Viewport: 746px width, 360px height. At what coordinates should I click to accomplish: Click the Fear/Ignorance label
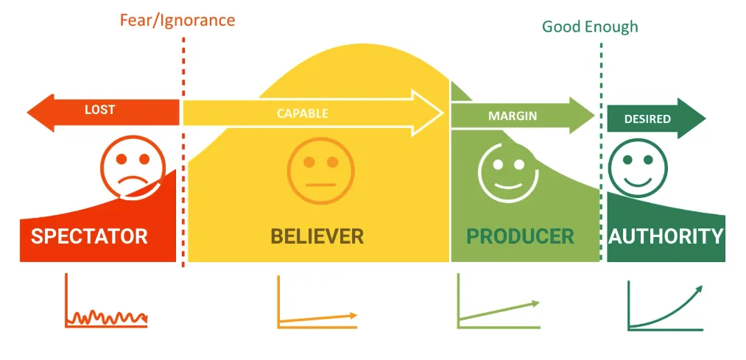click(x=177, y=21)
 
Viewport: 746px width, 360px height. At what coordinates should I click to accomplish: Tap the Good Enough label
click(x=590, y=27)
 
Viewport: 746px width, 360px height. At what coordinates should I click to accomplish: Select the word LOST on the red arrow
click(x=100, y=110)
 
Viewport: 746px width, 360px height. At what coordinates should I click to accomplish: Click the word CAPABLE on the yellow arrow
click(x=303, y=113)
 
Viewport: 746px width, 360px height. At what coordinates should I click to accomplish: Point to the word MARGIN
click(x=513, y=116)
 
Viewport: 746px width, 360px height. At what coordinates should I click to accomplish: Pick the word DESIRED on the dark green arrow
click(x=647, y=119)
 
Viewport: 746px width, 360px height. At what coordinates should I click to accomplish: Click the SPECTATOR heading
click(x=89, y=236)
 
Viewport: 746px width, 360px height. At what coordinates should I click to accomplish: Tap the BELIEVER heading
click(x=317, y=236)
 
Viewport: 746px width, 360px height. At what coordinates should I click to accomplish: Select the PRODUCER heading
click(x=520, y=236)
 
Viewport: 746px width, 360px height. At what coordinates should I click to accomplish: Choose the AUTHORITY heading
click(x=666, y=236)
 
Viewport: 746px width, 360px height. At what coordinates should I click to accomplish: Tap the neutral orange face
click(x=320, y=171)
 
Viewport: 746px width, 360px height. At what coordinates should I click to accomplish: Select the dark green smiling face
click(x=638, y=168)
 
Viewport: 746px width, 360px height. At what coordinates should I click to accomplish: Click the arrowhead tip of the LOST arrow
click(x=27, y=113)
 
